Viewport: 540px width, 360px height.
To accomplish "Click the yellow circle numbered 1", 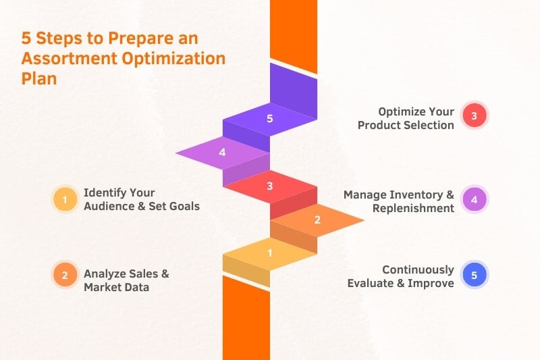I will coord(65,199).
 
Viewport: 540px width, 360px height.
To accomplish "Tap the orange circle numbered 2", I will coord(65,275).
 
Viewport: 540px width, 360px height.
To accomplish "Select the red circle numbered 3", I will coord(474,116).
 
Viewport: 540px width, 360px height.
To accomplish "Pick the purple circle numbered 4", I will coord(474,199).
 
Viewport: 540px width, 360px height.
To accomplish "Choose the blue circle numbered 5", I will coord(474,275).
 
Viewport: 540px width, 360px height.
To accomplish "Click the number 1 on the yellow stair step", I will coord(269,253).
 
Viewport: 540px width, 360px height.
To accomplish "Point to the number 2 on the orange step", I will coord(317,220).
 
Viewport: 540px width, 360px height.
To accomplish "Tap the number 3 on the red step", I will coord(269,186).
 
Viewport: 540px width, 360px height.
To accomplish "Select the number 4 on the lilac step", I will coord(222,153).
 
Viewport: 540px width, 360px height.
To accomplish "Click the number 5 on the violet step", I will coord(269,119).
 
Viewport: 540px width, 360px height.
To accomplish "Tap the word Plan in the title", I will coord(39,78).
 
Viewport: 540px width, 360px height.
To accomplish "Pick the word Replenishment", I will coord(413,208).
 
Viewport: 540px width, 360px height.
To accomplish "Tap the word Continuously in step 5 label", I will coord(418,269).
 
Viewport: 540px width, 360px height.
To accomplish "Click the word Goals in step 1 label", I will coord(184,206).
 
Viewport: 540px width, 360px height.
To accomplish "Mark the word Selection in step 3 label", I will coord(429,125).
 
